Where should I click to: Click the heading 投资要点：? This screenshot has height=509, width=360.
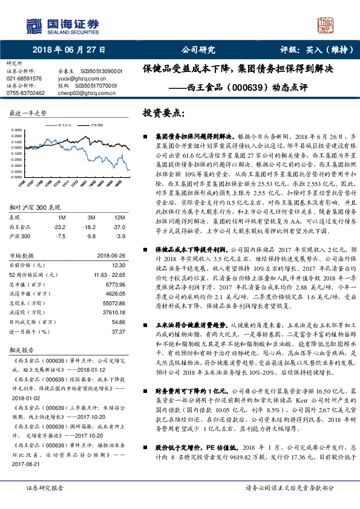point(163,113)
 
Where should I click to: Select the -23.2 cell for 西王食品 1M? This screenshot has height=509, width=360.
point(59,226)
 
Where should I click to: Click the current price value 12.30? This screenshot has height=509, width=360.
point(118,265)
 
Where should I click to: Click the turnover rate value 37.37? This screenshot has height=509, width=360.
point(118,332)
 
